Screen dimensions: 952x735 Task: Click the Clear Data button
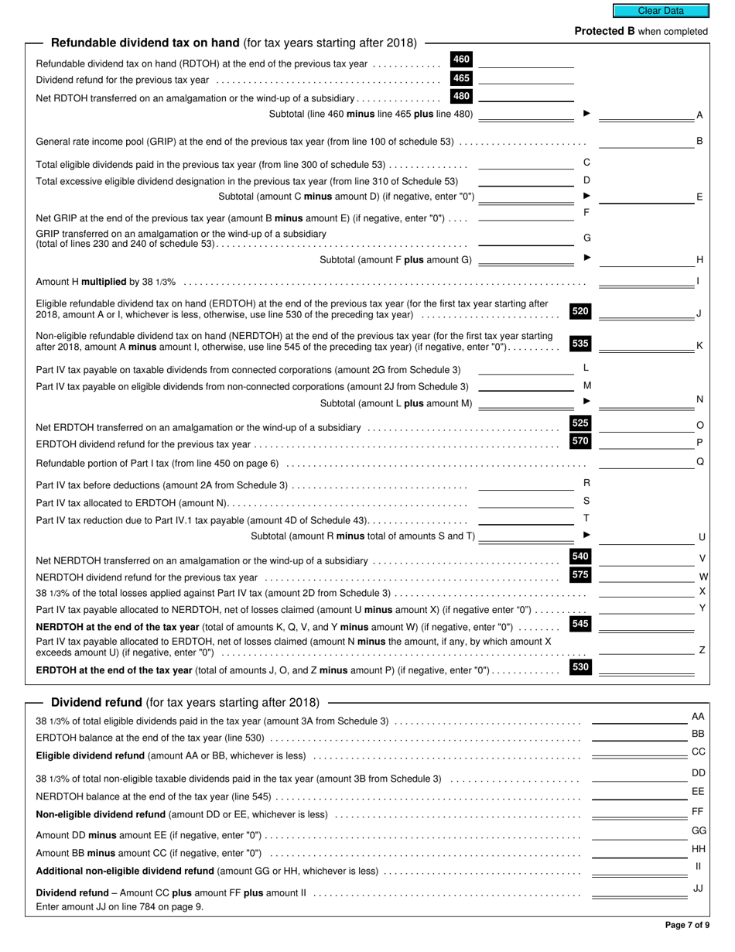click(660, 11)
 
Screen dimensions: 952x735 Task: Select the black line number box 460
click(461, 60)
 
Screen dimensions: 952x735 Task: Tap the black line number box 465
click(461, 79)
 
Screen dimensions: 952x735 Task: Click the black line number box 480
click(461, 98)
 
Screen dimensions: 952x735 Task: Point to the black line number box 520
click(580, 311)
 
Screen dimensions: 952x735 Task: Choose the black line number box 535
click(580, 344)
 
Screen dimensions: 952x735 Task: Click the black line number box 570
click(580, 442)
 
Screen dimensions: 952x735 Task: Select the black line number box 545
click(580, 624)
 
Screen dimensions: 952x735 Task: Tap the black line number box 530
click(580, 667)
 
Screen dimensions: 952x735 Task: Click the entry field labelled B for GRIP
click(646, 141)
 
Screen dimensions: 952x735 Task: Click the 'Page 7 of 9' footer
click(686, 925)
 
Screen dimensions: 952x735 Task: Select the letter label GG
click(698, 831)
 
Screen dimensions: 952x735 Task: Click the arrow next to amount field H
click(586, 258)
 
